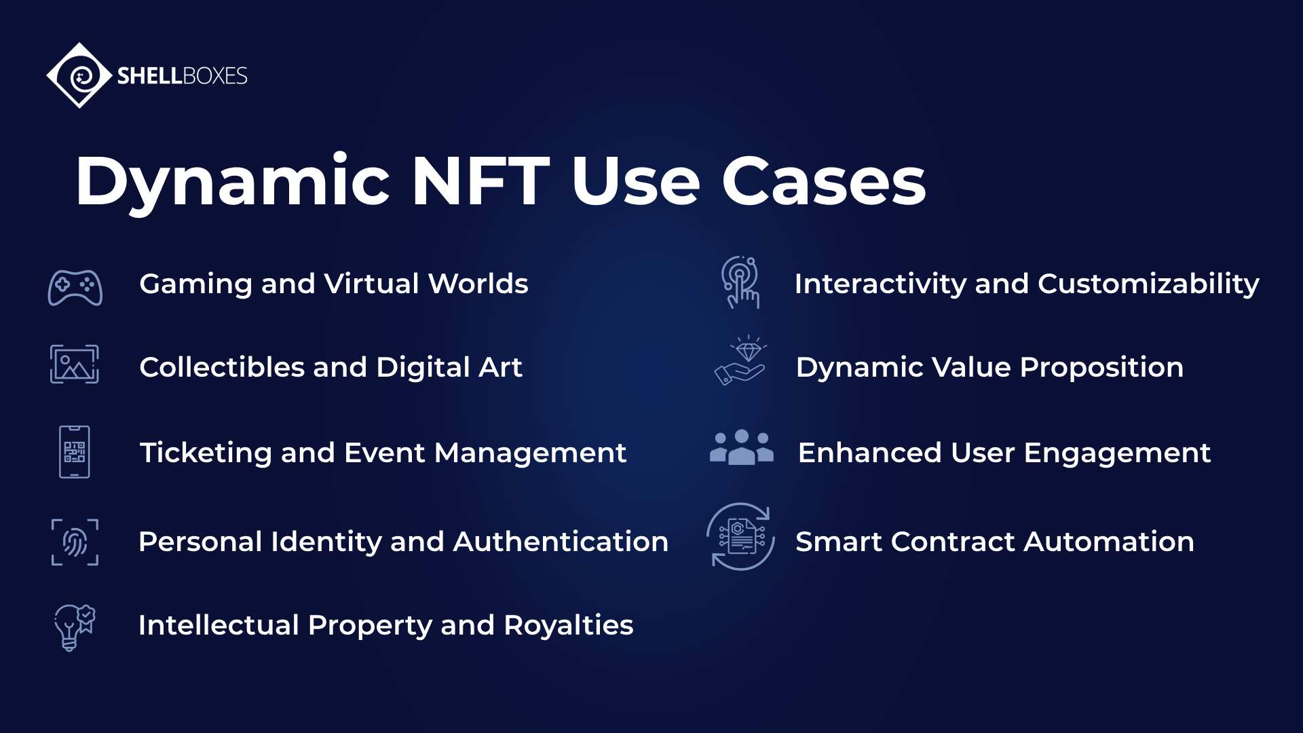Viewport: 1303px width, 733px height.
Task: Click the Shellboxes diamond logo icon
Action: pyautogui.click(x=79, y=75)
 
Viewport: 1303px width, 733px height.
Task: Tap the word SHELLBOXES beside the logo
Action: pyautogui.click(x=182, y=75)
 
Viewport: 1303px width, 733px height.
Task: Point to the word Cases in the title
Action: pyautogui.click(x=823, y=181)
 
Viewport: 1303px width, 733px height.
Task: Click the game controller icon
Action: pyautogui.click(x=75, y=288)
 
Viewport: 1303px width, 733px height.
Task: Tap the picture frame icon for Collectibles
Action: pyautogui.click(x=75, y=364)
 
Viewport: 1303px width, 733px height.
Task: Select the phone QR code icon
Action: pyautogui.click(x=75, y=452)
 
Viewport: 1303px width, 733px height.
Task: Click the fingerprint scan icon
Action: pyautogui.click(x=75, y=542)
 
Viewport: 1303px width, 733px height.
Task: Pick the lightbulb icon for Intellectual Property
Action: pyautogui.click(x=74, y=627)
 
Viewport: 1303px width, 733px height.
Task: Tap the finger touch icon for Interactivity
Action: pyautogui.click(x=740, y=282)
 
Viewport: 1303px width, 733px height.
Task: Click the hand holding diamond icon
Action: pyautogui.click(x=740, y=361)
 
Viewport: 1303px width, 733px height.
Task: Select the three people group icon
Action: pyautogui.click(x=742, y=448)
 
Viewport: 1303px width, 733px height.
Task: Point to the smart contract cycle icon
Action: pyautogui.click(x=740, y=537)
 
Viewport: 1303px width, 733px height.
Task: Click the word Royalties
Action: pyautogui.click(x=568, y=625)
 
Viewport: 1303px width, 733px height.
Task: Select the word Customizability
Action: pyautogui.click(x=1148, y=284)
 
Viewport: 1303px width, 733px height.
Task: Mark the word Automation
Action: pyautogui.click(x=1109, y=542)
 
